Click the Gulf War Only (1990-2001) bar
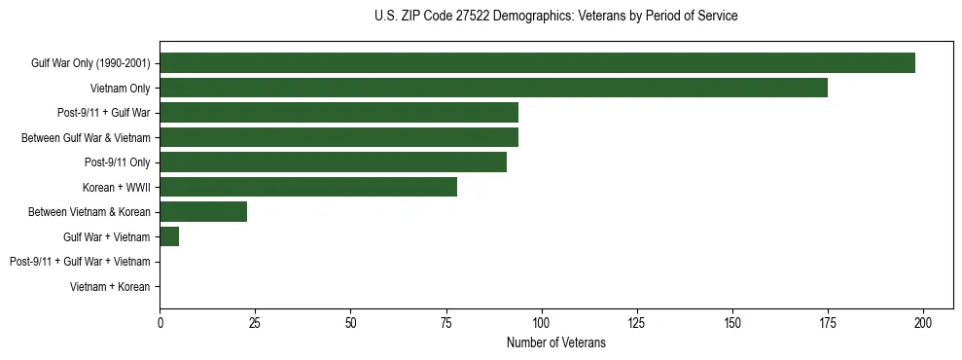tap(537, 63)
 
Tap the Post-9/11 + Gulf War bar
tap(338, 113)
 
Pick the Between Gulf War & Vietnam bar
tap(338, 137)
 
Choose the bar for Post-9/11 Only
tap(333, 162)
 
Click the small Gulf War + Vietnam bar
tap(169, 236)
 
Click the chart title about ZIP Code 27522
tap(555, 17)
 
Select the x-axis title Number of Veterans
tap(555, 342)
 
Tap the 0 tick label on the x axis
tap(160, 322)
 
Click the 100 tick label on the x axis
tap(542, 322)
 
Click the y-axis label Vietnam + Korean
tap(110, 287)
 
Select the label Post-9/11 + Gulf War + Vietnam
tap(80, 262)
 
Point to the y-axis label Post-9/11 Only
tap(117, 162)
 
